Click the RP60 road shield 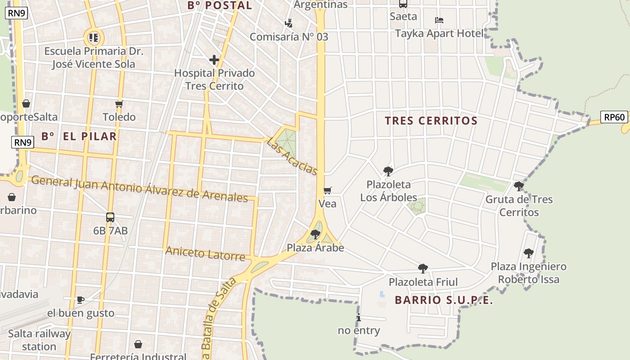[614, 117]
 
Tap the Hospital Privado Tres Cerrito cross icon [214, 59]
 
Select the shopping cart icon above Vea [327, 190]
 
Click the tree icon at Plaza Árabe [315, 234]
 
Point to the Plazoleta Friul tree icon [423, 269]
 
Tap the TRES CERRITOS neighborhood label [431, 121]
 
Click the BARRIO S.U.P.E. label [444, 300]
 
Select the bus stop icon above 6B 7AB [110, 217]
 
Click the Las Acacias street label [292, 156]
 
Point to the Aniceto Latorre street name [205, 253]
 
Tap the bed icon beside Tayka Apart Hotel [439, 20]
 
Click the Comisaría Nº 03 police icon [289, 22]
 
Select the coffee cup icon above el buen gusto [81, 300]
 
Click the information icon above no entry [359, 318]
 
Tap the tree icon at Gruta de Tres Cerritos [519, 185]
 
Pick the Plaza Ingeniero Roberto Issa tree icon [528, 253]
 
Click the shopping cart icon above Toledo [119, 104]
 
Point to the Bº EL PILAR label [79, 136]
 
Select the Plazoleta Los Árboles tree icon [388, 171]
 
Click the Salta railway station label [39, 340]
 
